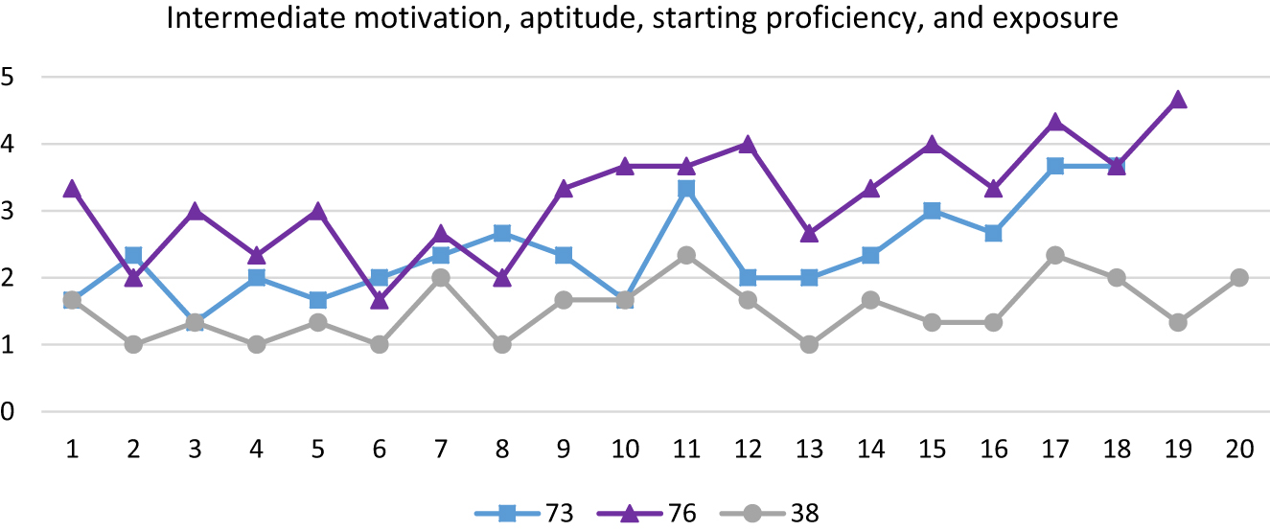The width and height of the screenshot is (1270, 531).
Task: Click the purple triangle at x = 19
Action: pyautogui.click(x=1177, y=100)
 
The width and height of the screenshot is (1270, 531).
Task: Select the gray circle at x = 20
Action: pyautogui.click(x=1238, y=278)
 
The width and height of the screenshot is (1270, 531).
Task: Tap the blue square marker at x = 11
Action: pyautogui.click(x=686, y=189)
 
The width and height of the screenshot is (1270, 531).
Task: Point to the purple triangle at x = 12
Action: pyautogui.click(x=748, y=145)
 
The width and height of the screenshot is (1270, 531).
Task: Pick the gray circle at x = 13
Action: pyautogui.click(x=809, y=345)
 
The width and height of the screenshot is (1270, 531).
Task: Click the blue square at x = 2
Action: pyautogui.click(x=133, y=256)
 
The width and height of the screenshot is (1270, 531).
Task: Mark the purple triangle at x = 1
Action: pyautogui.click(x=72, y=190)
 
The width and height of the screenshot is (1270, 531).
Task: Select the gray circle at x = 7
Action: pyautogui.click(x=440, y=278)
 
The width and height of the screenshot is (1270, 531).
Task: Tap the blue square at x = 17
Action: pyautogui.click(x=1054, y=167)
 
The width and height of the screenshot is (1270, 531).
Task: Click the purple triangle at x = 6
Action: pyautogui.click(x=379, y=300)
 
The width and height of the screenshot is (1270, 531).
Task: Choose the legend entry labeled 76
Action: pyautogui.click(x=651, y=513)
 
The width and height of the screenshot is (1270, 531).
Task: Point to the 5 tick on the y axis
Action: pyautogui.click(x=9, y=77)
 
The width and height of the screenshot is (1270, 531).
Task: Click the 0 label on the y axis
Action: pyautogui.click(x=9, y=412)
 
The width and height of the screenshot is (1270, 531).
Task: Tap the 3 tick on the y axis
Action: pyautogui.click(x=9, y=211)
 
